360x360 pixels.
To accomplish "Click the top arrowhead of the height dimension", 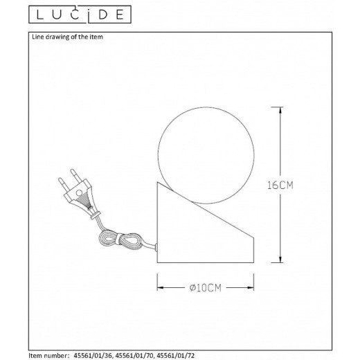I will [x=278, y=111].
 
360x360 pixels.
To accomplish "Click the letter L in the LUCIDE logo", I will [x=33, y=12].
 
